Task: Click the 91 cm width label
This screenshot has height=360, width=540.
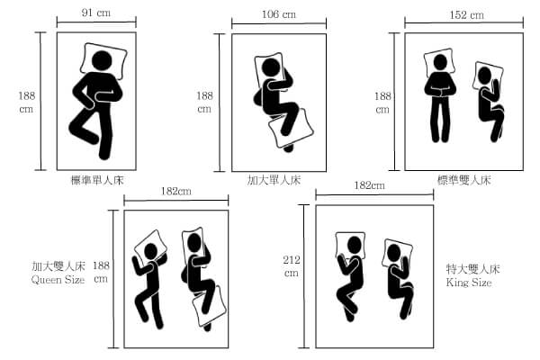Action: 96,13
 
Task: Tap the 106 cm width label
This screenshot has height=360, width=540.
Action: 279,14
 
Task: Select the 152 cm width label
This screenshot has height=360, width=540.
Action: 466,14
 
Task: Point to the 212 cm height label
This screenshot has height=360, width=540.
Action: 292,266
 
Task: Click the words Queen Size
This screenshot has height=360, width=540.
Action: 58,279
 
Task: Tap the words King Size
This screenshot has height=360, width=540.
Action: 469,283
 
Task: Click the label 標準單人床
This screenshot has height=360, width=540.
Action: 97,180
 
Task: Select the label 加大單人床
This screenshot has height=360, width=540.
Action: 274,180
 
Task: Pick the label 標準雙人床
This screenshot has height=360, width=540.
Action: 463,180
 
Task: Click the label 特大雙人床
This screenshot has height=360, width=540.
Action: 472,269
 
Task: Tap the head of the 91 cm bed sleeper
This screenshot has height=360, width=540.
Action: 102,61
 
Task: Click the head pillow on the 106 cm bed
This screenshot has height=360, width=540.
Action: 269,71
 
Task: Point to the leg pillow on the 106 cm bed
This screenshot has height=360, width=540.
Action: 291,128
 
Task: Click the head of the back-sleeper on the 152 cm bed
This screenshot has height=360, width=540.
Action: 440,62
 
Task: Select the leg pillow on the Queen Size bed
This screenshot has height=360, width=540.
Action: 209,306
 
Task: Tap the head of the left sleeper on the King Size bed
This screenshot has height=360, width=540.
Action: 355,244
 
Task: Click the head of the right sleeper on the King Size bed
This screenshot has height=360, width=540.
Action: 393,253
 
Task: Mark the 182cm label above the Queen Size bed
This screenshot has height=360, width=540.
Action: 176,191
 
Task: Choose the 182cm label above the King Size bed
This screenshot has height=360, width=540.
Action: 370,185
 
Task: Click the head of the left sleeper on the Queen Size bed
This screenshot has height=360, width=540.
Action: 150,251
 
